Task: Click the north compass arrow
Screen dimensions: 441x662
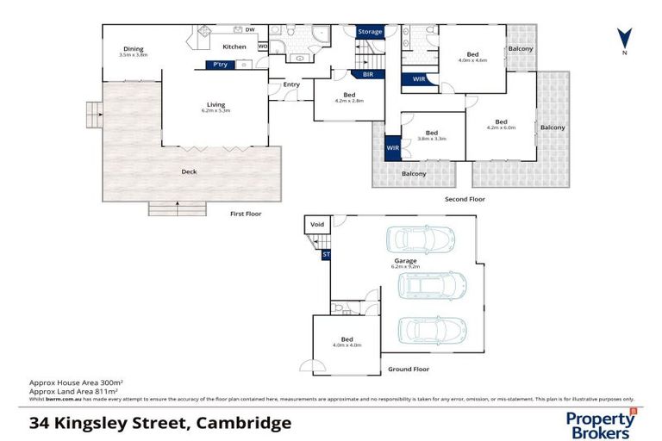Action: pos(624,39)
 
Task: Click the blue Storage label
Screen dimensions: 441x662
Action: pos(370,32)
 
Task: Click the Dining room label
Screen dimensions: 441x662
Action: pos(133,49)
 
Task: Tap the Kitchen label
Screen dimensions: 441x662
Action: pos(234,47)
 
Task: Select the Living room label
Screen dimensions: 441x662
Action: pos(215,105)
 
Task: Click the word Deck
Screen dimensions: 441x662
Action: pos(189,171)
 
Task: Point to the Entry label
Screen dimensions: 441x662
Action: pos(291,84)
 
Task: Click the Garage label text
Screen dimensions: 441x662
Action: pos(405,260)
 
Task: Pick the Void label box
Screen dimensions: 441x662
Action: pos(316,225)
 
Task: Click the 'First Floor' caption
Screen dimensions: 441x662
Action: pos(245,214)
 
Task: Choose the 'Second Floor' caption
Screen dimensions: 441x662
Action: pos(465,199)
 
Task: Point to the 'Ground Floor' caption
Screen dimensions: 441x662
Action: pos(408,369)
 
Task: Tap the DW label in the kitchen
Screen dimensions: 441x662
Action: pos(250,30)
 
